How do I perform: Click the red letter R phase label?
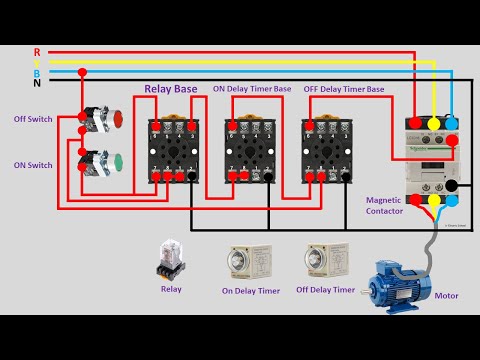(x=37, y=51)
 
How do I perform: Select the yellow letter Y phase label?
(x=37, y=62)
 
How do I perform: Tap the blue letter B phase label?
(x=37, y=72)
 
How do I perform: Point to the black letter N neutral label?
(x=37, y=83)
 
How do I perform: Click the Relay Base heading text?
(x=172, y=90)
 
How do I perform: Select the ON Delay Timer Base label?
(x=252, y=90)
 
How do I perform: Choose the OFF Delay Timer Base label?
(x=343, y=90)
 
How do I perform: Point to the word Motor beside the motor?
(x=446, y=296)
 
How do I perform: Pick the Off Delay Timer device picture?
(x=325, y=263)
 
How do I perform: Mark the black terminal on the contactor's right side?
(x=451, y=185)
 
